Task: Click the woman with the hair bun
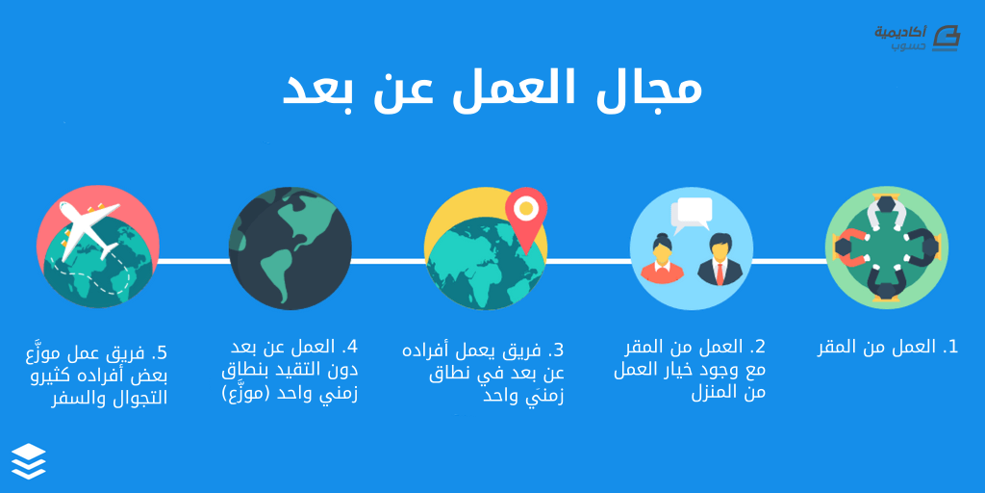pos(663,258)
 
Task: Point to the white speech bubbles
pos(692,214)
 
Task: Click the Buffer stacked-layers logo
pos(29,461)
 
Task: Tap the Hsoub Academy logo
pos(917,38)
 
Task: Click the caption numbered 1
pos(888,347)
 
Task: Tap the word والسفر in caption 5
pos(72,399)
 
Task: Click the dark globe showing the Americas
pos(290,248)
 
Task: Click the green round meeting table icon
pos(886,247)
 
